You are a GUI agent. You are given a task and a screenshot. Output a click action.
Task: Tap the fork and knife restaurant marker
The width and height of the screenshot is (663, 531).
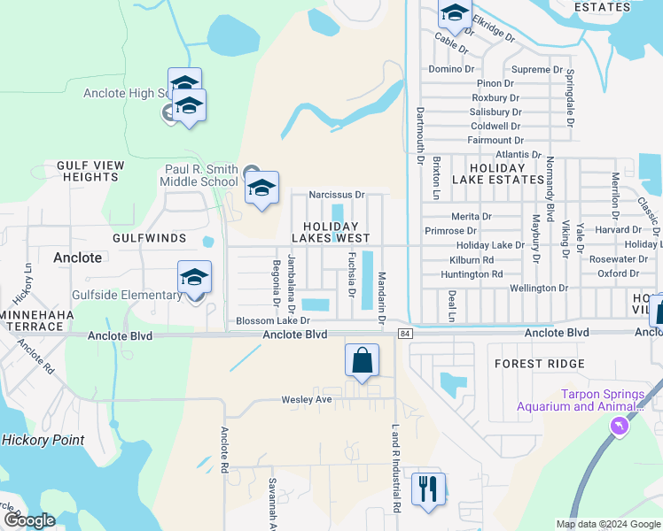pos(428,489)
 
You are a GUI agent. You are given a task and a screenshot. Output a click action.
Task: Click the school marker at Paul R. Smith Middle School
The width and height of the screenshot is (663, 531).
pos(261,189)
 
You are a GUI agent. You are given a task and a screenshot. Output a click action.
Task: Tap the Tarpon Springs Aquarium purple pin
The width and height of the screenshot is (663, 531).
pos(619,427)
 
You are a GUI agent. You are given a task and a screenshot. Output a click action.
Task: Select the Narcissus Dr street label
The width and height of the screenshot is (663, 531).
pos(336,195)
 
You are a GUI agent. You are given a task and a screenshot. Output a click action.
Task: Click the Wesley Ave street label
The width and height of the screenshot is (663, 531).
pos(306,400)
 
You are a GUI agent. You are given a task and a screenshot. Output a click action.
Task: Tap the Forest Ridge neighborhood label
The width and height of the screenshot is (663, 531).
pos(540,364)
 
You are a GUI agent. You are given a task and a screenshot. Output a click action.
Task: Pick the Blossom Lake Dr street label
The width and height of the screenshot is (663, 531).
pos(273,321)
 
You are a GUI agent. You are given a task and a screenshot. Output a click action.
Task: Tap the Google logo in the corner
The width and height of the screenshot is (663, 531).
pos(28,520)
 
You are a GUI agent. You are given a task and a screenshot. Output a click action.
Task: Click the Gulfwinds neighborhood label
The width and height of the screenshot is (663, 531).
pos(149,239)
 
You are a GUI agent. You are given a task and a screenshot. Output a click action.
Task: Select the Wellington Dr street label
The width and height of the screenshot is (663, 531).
pos(539,289)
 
